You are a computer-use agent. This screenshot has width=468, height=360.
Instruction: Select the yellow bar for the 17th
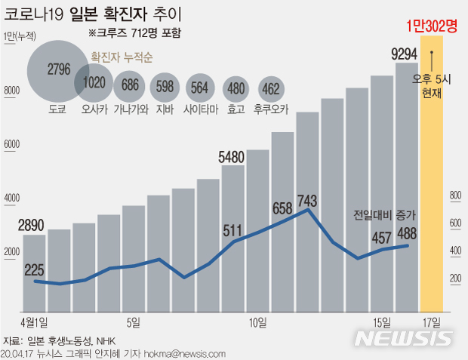(x=432, y=189)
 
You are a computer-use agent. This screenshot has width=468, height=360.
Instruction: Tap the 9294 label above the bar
(x=406, y=54)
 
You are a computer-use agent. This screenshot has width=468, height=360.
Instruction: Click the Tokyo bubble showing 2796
(x=58, y=70)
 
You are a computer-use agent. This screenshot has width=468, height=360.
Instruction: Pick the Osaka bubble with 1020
(x=94, y=84)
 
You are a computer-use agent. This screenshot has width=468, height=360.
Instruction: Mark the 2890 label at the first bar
(x=34, y=225)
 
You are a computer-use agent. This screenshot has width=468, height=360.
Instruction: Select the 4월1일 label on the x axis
(x=34, y=322)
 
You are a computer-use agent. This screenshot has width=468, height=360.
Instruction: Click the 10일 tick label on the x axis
(x=257, y=322)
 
